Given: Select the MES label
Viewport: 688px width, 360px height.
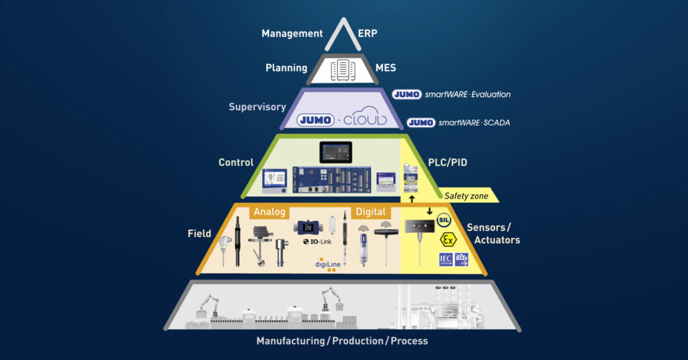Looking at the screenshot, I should [x=386, y=68].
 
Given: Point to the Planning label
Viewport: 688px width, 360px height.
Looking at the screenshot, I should [x=286, y=68].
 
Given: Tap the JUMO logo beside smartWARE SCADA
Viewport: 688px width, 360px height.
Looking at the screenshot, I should [x=421, y=123].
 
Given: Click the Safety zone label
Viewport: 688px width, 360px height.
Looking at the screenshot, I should [x=466, y=196].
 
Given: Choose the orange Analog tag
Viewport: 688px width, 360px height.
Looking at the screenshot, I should [x=269, y=212].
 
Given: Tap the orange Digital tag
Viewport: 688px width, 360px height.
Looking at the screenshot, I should [x=370, y=212].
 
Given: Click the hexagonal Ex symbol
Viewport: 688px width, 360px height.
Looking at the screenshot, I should [x=445, y=240].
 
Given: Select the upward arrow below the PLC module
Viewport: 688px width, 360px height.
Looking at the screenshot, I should [x=413, y=198].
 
